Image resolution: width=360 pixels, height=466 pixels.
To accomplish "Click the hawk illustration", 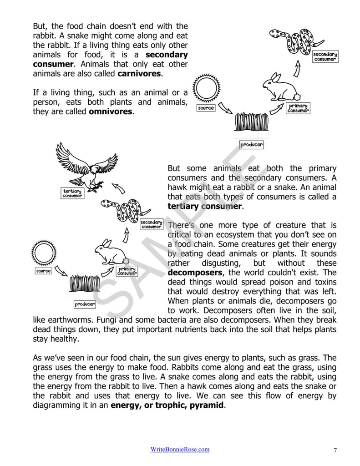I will click(86, 166).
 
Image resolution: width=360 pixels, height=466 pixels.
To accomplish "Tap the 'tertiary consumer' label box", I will click(72, 193).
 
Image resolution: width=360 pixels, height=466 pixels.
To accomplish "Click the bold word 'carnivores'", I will click(139, 73).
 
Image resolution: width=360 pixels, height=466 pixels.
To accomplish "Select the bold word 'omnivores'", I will click(111, 111).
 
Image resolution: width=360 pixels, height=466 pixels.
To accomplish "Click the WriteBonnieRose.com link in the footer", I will click(180, 449).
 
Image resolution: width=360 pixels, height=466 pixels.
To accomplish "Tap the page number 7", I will click(335, 450).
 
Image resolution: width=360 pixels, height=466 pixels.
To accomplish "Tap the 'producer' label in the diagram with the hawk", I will click(85, 304).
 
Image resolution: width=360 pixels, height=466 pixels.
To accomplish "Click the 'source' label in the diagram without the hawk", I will click(206, 108).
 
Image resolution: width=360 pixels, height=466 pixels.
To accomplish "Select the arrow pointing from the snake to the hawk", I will click(119, 187).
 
